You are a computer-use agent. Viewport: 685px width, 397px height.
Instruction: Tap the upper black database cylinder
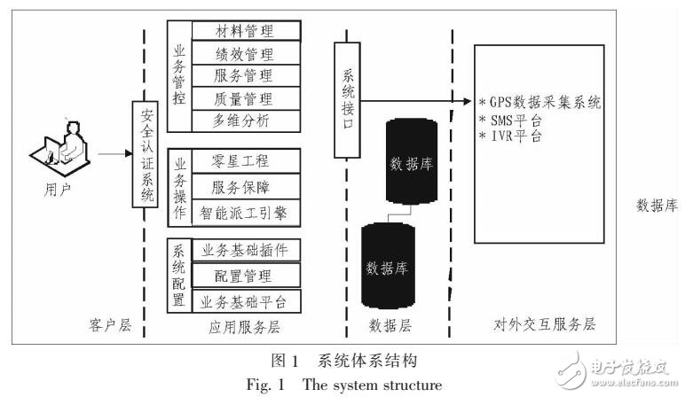click(x=412, y=164)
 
